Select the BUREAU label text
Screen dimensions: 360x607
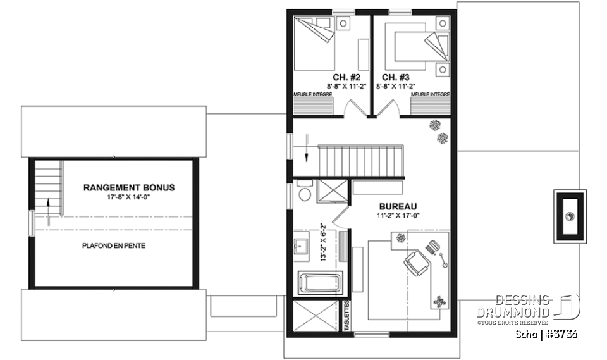pos(394,206)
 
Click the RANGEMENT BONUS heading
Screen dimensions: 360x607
pos(129,188)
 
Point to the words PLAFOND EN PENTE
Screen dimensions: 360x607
pos(114,245)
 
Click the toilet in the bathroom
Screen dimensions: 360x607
pos(303,192)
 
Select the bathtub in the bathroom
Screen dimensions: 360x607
pos(319,282)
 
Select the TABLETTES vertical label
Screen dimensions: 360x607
pos(346,313)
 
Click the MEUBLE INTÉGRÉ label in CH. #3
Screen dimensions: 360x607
pos(430,94)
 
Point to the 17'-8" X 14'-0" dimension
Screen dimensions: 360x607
pos(129,197)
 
